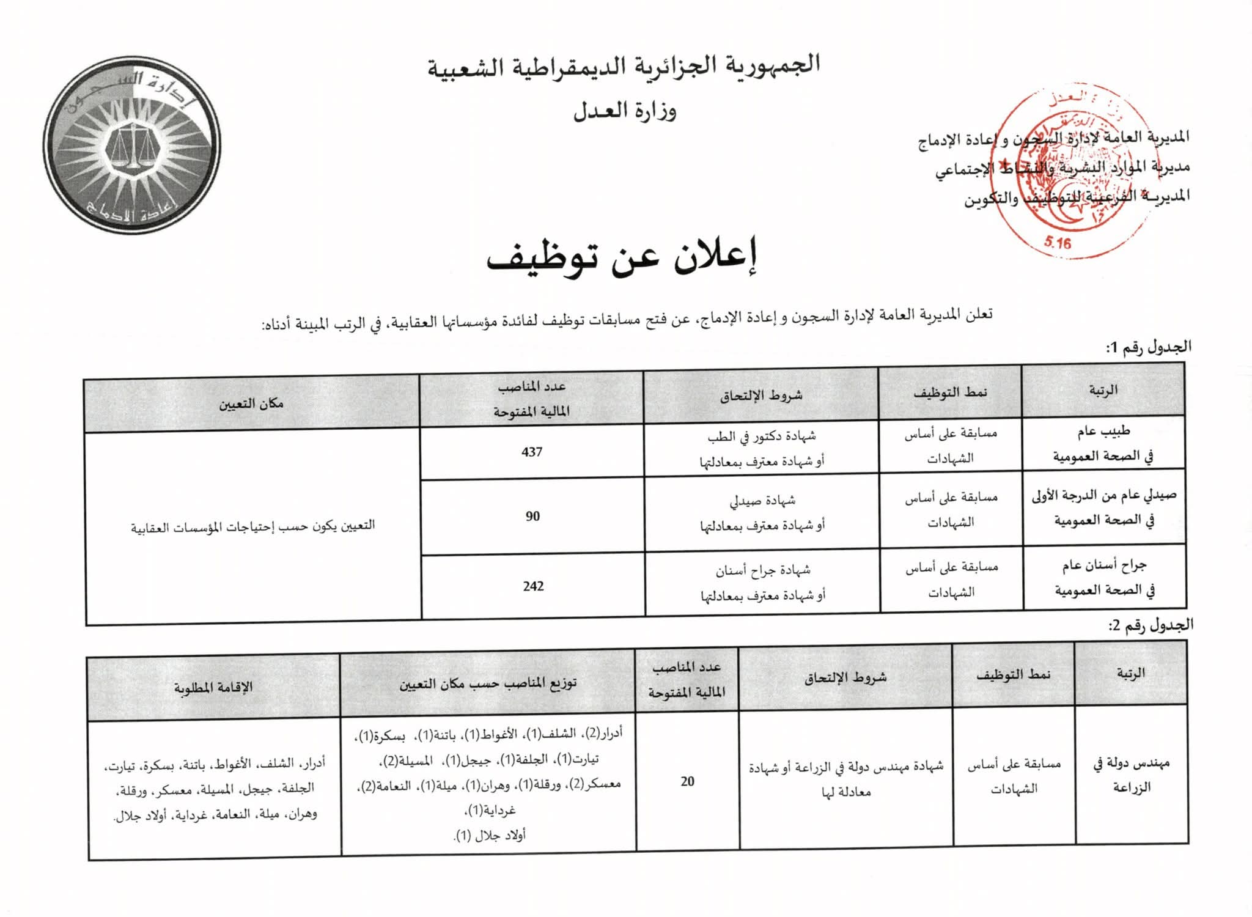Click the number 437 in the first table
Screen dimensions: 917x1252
532,452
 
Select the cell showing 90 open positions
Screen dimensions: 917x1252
532,516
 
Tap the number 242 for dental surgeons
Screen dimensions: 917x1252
533,586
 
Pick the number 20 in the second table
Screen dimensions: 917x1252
687,781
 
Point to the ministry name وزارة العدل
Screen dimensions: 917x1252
624,111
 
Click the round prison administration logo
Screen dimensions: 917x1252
133,145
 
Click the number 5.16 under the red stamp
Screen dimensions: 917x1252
1058,243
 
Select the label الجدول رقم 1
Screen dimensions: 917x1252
1148,347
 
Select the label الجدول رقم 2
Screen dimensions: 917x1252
1150,625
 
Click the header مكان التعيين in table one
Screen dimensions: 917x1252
251,403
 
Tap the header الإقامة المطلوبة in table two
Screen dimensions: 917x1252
213,688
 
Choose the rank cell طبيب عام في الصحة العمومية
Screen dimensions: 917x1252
1103,444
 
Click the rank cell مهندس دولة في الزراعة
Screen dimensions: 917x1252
1131,775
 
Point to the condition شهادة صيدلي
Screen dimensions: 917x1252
762,501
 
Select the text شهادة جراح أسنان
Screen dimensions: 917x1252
763,570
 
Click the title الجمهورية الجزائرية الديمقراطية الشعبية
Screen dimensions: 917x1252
624,66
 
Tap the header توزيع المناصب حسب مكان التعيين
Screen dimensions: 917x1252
488,683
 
